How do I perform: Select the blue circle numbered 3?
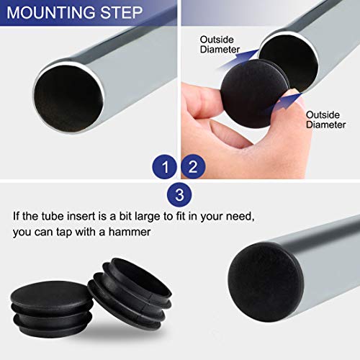tap(179, 194)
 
